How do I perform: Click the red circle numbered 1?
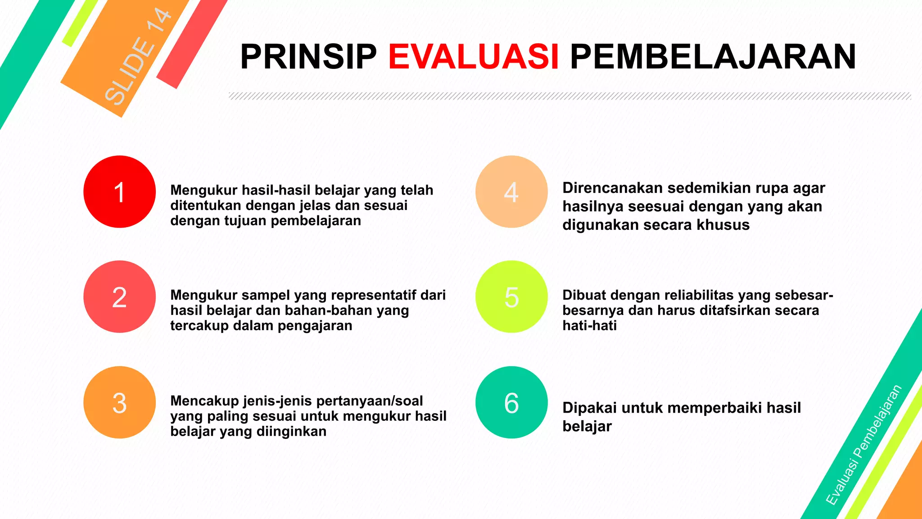[x=119, y=192]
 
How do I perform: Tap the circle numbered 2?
[x=119, y=297]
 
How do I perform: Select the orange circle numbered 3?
[x=119, y=402]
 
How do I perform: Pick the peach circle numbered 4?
[x=511, y=192]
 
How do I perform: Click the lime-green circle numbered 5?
[x=511, y=297]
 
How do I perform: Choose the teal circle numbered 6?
[x=511, y=402]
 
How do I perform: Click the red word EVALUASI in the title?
[x=474, y=57]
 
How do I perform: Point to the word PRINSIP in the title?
[x=308, y=57]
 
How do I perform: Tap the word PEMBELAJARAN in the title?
[x=713, y=57]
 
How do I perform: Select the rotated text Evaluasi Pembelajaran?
[x=864, y=445]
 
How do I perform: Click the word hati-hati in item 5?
[x=589, y=325]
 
